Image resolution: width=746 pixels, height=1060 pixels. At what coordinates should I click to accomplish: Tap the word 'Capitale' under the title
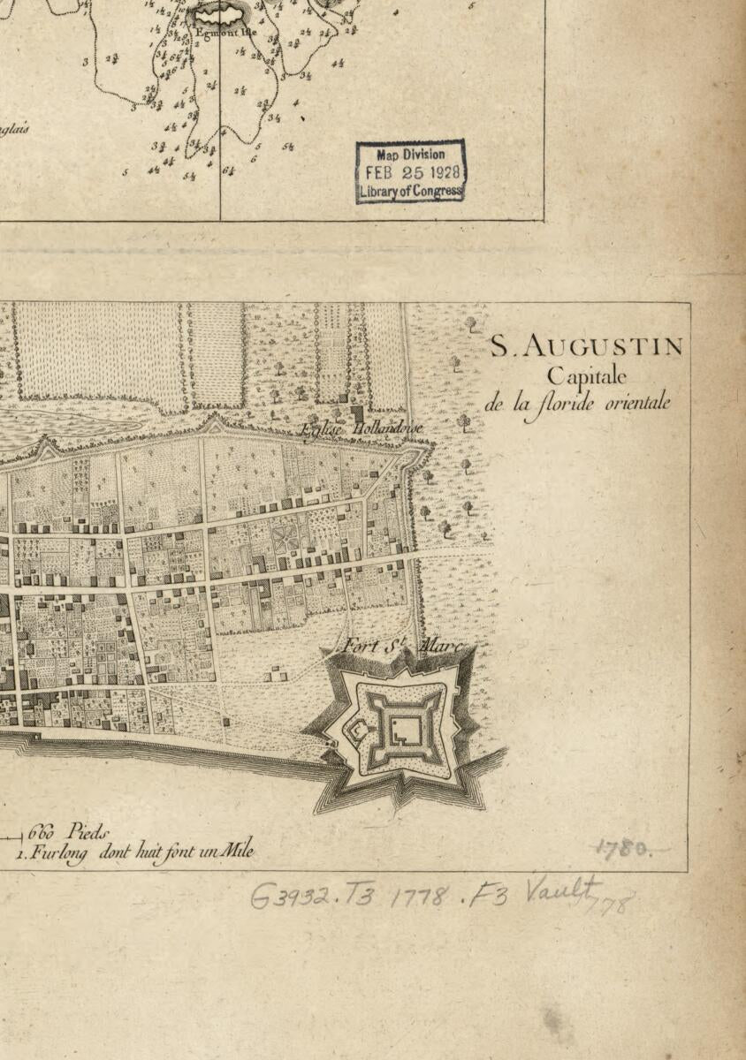click(586, 376)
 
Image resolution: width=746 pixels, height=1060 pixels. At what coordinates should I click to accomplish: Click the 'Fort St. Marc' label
click(402, 647)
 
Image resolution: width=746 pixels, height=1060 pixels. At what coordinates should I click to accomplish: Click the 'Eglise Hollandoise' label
click(362, 428)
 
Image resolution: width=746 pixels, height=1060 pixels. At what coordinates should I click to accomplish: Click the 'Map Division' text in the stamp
click(411, 155)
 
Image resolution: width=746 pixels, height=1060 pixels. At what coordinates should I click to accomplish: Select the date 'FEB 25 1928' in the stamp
click(411, 172)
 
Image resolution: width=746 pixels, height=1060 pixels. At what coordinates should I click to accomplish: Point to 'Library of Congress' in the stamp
click(411, 191)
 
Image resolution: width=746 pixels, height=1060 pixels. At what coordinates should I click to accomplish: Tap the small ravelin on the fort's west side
click(358, 731)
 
